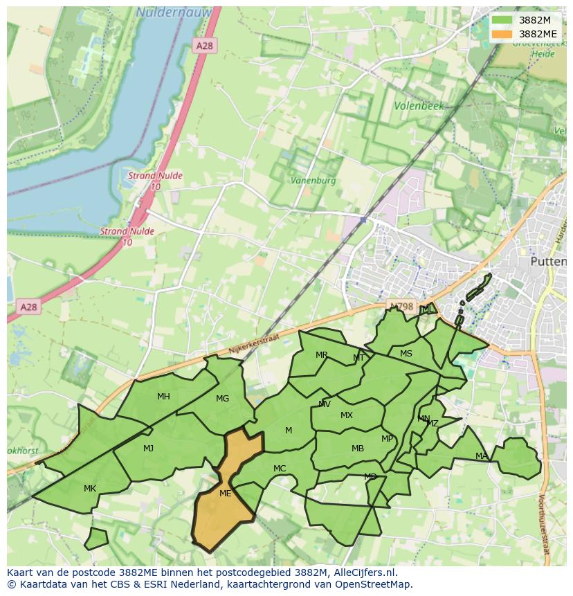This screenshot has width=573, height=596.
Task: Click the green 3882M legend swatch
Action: [x=502, y=20]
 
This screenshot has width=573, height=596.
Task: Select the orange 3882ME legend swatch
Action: [x=502, y=33]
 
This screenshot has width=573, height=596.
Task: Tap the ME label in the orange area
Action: [x=225, y=494]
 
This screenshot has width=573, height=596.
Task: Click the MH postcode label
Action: [x=163, y=397]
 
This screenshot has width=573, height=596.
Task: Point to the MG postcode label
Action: [x=222, y=399]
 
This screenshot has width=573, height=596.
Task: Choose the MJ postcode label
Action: [x=148, y=449]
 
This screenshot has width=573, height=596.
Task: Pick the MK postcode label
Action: [x=90, y=489]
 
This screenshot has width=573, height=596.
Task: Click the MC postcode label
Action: [x=280, y=469]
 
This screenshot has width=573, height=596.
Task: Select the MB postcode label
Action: [x=357, y=449]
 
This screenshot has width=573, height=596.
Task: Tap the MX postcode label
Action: [x=347, y=415]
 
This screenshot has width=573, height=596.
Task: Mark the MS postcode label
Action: [x=406, y=354]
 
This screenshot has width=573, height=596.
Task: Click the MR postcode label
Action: [x=322, y=355]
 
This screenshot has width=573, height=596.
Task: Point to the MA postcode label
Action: [x=482, y=455]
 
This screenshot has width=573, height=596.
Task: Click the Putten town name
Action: [x=547, y=262]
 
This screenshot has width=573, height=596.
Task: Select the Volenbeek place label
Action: [x=418, y=107]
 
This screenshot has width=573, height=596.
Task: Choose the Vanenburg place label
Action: [x=313, y=180]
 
